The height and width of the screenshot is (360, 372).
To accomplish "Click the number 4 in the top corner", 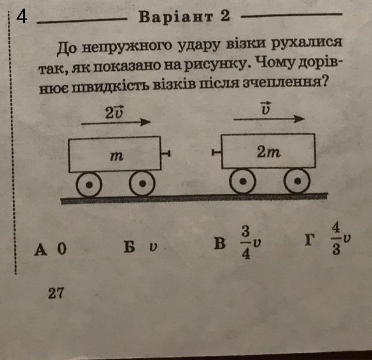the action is (21, 18).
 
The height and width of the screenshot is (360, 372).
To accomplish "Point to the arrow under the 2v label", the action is (116, 123).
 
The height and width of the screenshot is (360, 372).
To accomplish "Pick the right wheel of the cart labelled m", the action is (141, 184).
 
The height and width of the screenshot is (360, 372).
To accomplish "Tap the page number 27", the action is (56, 293).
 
